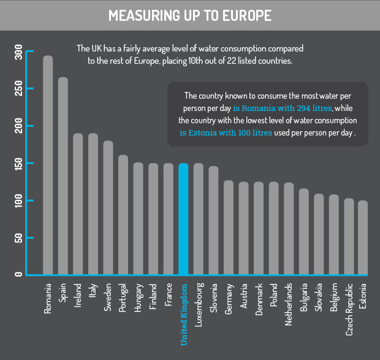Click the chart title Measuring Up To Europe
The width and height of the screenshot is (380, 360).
[x=189, y=16]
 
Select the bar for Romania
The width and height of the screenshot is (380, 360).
[x=48, y=166]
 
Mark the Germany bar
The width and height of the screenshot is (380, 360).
[x=228, y=228]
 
